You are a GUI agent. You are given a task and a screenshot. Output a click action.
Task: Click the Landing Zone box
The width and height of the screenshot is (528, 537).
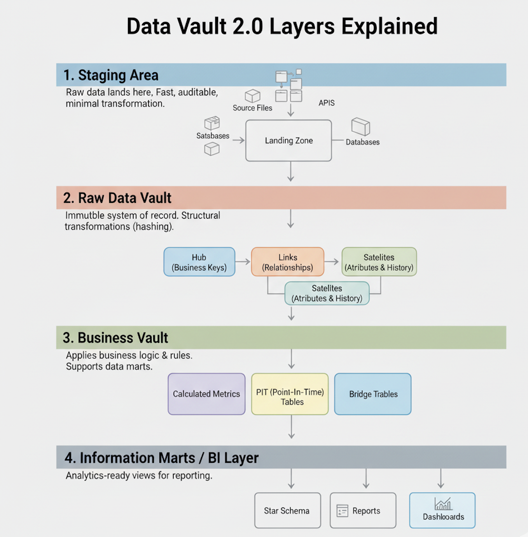click(288, 141)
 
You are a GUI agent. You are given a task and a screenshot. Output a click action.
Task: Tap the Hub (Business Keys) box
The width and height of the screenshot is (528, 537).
click(199, 262)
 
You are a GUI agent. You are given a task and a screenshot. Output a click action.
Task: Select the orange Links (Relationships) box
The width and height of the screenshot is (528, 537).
click(288, 262)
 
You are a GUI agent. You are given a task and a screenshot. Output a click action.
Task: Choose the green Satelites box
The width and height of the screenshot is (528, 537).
click(379, 262)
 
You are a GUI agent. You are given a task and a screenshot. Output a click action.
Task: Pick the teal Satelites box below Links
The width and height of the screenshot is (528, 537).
click(327, 293)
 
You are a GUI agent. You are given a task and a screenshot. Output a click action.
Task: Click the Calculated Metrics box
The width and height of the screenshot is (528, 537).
click(206, 394)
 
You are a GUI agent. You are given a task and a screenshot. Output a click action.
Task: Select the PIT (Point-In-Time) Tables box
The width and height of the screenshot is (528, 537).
click(290, 394)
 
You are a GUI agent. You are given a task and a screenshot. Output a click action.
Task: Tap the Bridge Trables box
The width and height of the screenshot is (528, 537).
click(373, 394)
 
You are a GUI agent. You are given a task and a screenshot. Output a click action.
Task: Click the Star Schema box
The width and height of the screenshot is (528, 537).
click(287, 511)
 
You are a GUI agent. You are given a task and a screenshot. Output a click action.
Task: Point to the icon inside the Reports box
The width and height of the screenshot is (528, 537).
click(342, 511)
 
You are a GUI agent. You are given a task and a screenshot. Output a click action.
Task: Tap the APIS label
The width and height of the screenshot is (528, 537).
click(327, 103)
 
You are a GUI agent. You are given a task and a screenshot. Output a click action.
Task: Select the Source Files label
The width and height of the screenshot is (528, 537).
click(252, 108)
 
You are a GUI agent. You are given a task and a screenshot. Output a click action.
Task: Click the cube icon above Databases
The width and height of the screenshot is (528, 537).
click(360, 127)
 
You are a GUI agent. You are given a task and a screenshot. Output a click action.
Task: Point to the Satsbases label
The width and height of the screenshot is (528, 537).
click(213, 136)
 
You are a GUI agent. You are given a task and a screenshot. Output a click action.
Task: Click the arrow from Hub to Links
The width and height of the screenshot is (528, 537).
click(243, 262)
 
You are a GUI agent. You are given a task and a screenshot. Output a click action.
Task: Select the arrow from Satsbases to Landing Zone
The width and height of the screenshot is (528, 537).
click(238, 140)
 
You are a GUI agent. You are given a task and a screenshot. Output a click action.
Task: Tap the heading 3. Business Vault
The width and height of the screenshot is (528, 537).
click(115, 338)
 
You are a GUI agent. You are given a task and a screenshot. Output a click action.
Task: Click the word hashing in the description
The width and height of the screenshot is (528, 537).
click(153, 227)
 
